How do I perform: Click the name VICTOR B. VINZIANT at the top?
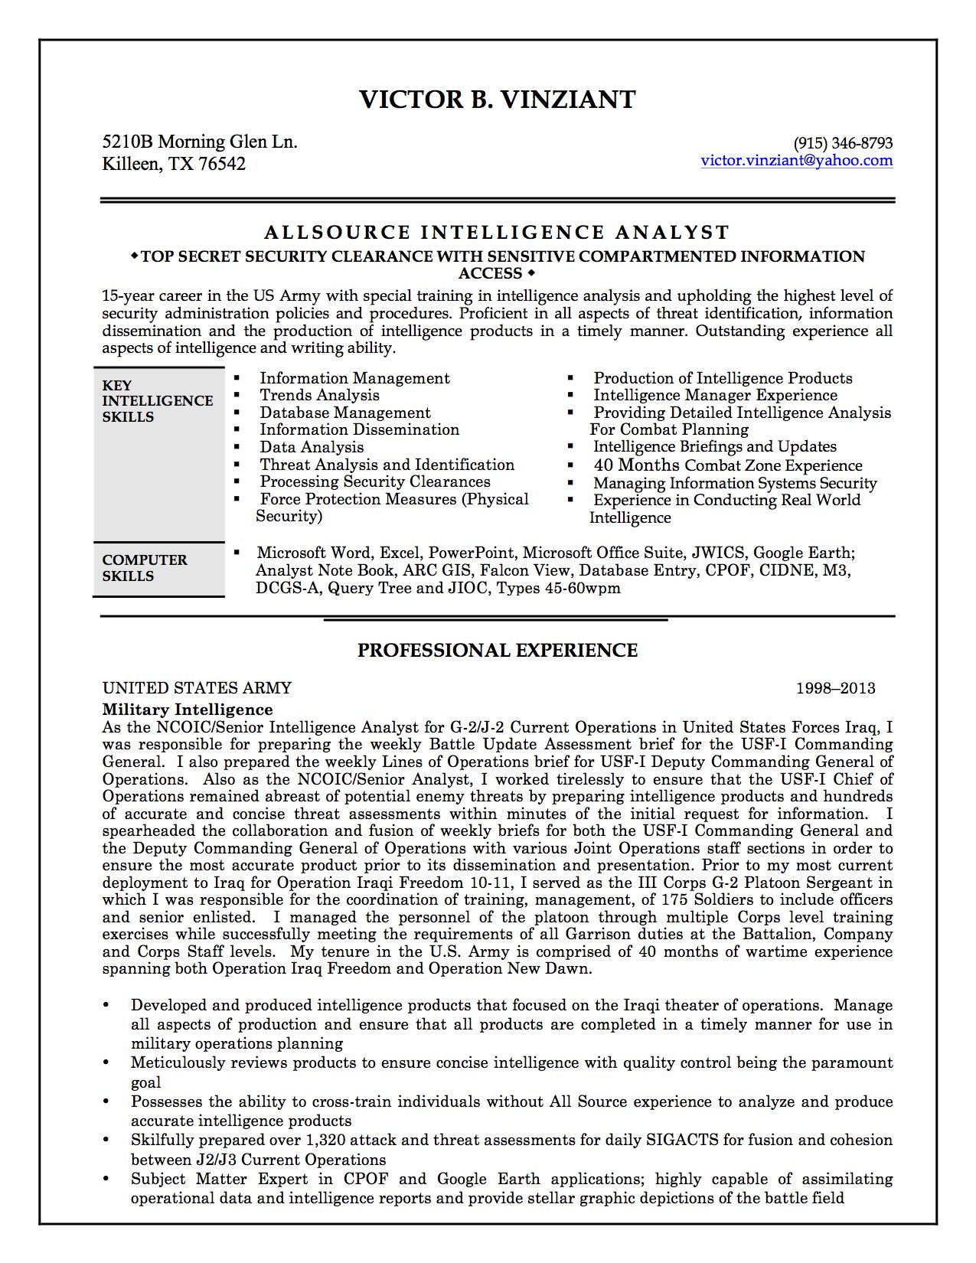(498, 100)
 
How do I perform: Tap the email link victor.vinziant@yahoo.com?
(796, 160)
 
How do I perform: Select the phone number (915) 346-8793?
(843, 143)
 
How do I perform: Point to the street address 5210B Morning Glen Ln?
(200, 142)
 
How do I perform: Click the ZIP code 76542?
(222, 164)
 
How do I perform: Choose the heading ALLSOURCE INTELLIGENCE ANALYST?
(498, 232)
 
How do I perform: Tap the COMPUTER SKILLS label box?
(158, 569)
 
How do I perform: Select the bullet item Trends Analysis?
(319, 395)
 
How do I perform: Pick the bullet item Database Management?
(344, 413)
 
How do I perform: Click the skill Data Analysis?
(312, 447)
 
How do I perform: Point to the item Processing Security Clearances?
(375, 481)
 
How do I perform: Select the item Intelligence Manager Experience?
(715, 395)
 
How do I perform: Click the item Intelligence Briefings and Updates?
(715, 446)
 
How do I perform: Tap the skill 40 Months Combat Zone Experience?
(727, 465)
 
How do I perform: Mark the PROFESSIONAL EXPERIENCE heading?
(498, 651)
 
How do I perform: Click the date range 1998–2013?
(835, 688)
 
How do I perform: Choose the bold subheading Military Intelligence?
(188, 710)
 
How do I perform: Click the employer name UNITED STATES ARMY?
(197, 688)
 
